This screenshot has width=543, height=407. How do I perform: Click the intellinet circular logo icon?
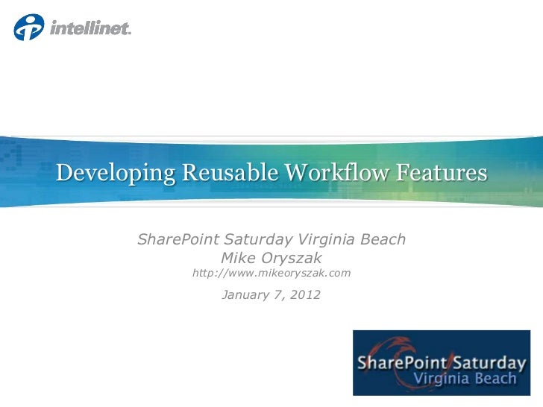(28, 28)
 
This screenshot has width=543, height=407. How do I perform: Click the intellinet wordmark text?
(90, 28)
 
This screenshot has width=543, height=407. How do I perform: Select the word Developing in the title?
(116, 173)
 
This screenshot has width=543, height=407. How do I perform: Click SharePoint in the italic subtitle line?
(179, 240)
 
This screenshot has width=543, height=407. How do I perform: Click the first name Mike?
(239, 258)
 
